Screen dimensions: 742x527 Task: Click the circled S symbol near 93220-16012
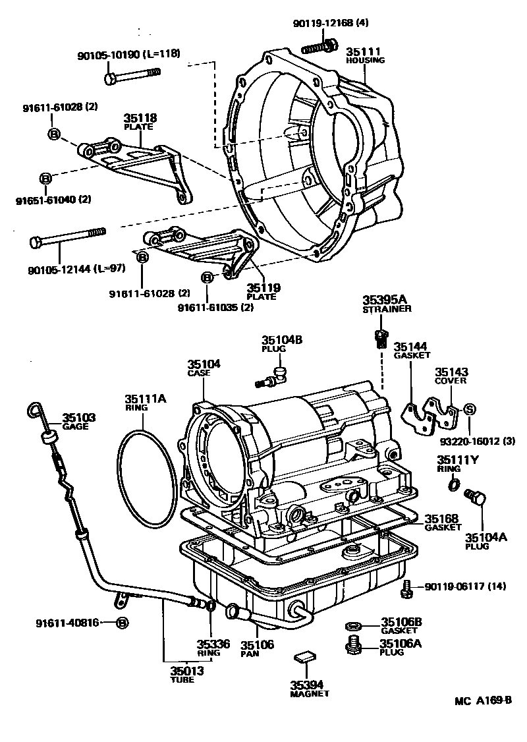coord(470,409)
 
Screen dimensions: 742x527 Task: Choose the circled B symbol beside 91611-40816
coord(122,622)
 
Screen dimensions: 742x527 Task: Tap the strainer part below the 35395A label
coord(379,338)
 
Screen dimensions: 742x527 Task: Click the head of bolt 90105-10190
coord(109,78)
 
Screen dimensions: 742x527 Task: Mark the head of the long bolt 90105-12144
coord(36,243)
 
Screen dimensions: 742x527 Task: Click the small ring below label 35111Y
coord(453,486)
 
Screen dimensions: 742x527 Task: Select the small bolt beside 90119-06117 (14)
coord(406,588)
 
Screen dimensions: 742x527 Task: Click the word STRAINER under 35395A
coord(387,308)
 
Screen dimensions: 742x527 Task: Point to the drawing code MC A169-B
coord(482,700)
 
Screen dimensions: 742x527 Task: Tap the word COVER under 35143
coord(450,380)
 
